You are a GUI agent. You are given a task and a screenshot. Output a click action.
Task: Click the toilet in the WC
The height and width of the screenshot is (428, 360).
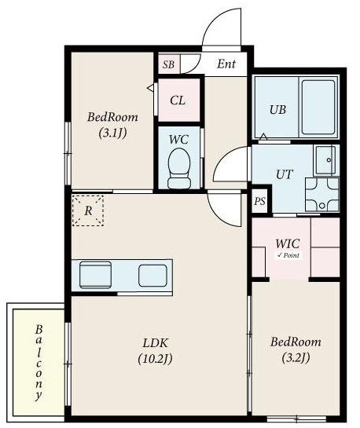[x=179, y=168]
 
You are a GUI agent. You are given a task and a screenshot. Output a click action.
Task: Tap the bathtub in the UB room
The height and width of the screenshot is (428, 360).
[x=318, y=107]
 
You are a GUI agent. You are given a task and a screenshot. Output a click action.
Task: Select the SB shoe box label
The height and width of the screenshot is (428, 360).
[x=168, y=64]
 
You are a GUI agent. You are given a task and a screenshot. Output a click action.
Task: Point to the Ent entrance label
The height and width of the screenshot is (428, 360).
[x=226, y=64]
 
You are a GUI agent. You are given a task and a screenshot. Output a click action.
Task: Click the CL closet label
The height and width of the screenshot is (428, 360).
[x=178, y=101]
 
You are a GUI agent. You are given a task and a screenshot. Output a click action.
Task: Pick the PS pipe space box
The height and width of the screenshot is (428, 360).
[x=259, y=201]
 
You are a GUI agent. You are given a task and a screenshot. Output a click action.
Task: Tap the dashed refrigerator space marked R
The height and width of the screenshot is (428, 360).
[x=88, y=210]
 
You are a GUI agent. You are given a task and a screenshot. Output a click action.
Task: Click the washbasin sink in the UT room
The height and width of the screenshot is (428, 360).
[x=325, y=160]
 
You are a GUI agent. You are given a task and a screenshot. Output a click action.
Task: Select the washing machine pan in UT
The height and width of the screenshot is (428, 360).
[x=322, y=194]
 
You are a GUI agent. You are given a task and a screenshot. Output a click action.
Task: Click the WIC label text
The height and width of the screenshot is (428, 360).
[x=288, y=243]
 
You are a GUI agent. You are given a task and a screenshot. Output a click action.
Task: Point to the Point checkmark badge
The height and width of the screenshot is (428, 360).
[x=288, y=255]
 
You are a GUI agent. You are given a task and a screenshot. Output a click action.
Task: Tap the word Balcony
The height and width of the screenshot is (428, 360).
[x=39, y=363]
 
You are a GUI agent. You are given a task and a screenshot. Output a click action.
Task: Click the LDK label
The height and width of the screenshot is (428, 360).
[x=155, y=342]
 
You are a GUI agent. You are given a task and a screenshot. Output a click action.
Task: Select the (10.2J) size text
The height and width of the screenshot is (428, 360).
[x=155, y=359]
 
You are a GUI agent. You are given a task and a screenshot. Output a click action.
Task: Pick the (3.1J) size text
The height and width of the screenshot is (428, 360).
[x=112, y=134]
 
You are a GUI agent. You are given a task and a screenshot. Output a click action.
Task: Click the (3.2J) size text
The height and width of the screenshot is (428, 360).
[x=296, y=357]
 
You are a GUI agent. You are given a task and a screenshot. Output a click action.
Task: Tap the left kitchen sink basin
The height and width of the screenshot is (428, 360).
[x=95, y=275]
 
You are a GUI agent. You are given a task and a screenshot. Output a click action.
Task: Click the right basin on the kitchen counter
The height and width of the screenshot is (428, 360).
[x=152, y=276]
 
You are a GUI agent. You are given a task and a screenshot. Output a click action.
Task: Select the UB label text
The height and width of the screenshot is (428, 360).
[x=277, y=110]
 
